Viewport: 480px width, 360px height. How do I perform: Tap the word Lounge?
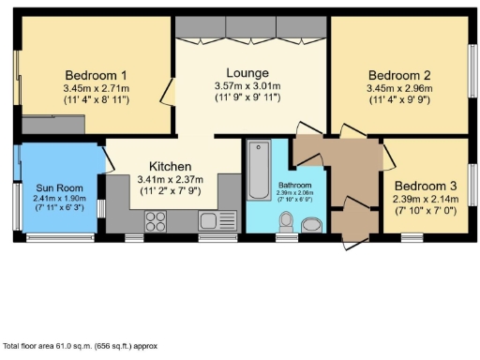point(247,72)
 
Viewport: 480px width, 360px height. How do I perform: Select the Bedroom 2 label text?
point(398,75)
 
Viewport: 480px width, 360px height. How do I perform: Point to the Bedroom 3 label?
point(425,185)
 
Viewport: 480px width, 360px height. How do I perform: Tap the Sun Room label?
point(59,186)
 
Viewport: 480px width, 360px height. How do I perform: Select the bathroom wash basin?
point(311,223)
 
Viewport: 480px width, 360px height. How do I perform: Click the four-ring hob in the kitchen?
point(156,221)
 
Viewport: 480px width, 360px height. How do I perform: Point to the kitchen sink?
point(210,220)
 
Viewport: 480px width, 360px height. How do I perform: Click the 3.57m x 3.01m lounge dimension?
point(247,85)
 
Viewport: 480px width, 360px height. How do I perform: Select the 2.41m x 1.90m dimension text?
point(59,198)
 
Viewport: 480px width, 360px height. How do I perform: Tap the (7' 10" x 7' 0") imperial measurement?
point(425,212)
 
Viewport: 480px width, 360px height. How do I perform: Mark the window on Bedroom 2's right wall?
point(473,76)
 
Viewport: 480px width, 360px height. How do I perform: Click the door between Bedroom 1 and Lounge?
point(168,92)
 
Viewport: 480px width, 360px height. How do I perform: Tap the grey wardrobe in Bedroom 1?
point(54,124)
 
